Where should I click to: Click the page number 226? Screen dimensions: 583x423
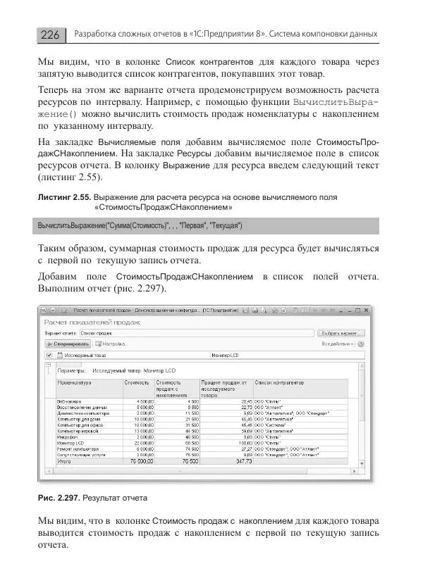[50, 34]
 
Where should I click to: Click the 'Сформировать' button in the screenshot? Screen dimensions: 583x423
[69, 344]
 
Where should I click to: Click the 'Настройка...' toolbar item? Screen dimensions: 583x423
[113, 344]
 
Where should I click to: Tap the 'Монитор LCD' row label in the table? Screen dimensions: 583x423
[70, 442]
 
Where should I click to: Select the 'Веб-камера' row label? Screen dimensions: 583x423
[69, 401]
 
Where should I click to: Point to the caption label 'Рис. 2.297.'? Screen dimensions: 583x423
[59, 498]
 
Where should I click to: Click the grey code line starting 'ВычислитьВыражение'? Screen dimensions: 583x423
[141, 226]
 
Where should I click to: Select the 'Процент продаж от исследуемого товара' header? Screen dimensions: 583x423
[226, 387]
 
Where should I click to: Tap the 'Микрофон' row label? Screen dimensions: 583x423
[68, 437]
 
